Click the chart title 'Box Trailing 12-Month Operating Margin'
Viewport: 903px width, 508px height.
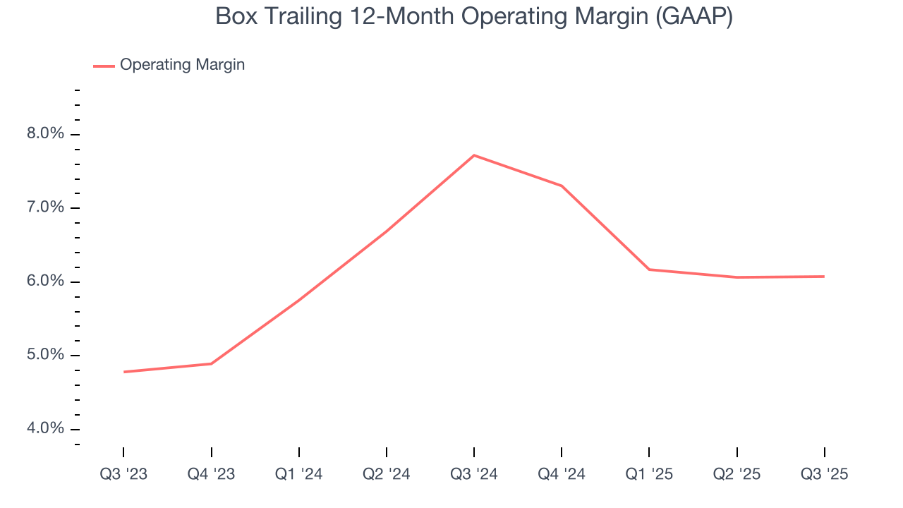(474, 16)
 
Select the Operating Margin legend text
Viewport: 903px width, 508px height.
(182, 65)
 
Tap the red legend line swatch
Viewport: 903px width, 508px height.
(104, 66)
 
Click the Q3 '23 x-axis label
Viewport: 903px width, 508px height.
(123, 474)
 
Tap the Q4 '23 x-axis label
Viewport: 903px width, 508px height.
(211, 474)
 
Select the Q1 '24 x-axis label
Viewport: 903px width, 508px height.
(299, 474)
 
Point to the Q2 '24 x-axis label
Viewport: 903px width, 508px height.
(387, 474)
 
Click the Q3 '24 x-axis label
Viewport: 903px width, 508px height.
(474, 474)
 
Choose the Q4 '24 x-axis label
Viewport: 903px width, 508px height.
(562, 474)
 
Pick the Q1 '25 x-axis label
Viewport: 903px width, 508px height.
(649, 474)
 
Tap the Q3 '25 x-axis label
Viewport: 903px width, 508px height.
(824, 474)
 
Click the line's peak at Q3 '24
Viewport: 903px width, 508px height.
(474, 155)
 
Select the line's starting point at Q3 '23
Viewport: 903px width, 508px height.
(124, 372)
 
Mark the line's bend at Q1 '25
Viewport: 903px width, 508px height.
(649, 270)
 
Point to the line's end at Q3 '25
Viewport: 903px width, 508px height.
(824, 277)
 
